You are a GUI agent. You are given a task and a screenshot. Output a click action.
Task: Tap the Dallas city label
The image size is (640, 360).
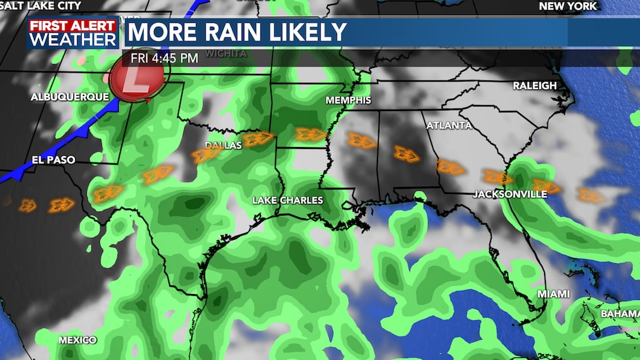[223, 145]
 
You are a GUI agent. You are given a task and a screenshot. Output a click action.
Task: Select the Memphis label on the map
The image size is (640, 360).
[348, 100]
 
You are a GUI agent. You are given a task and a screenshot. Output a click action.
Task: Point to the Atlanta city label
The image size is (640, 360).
[449, 125]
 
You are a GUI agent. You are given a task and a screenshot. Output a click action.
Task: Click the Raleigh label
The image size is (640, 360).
[534, 86]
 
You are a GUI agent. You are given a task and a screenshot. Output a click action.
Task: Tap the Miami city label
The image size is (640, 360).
[553, 294]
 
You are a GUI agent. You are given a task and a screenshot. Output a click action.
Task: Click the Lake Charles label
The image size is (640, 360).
[288, 200]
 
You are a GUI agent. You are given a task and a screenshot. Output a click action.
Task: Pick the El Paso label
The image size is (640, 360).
[54, 159]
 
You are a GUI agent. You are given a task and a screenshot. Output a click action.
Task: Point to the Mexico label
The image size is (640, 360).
[77, 340]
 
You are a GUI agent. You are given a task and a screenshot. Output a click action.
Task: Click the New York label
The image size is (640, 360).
[568, 6]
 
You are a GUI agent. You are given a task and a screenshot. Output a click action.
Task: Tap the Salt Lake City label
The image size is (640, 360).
[40, 6]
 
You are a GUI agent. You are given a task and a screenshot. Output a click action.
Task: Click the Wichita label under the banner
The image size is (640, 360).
[227, 54]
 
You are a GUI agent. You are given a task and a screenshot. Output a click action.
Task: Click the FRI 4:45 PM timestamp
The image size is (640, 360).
[164, 57]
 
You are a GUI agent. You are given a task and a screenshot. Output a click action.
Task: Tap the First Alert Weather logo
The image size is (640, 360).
[72, 33]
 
